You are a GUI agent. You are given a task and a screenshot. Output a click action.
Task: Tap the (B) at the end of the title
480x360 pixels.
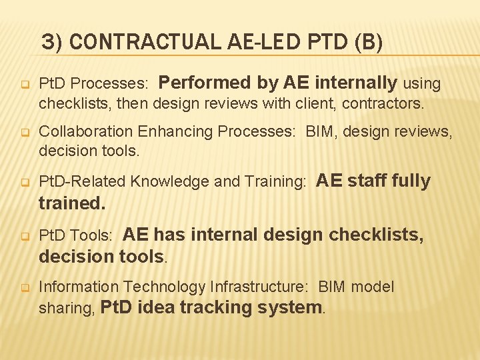(x=369, y=42)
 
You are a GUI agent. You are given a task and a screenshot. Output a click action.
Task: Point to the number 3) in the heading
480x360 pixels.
(x=53, y=42)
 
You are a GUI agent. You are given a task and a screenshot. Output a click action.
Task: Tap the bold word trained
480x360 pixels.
(x=71, y=203)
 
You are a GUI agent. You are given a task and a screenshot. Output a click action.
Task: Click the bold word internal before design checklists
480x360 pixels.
(x=224, y=235)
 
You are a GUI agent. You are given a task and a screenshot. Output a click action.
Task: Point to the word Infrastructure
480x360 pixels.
(x=259, y=287)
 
